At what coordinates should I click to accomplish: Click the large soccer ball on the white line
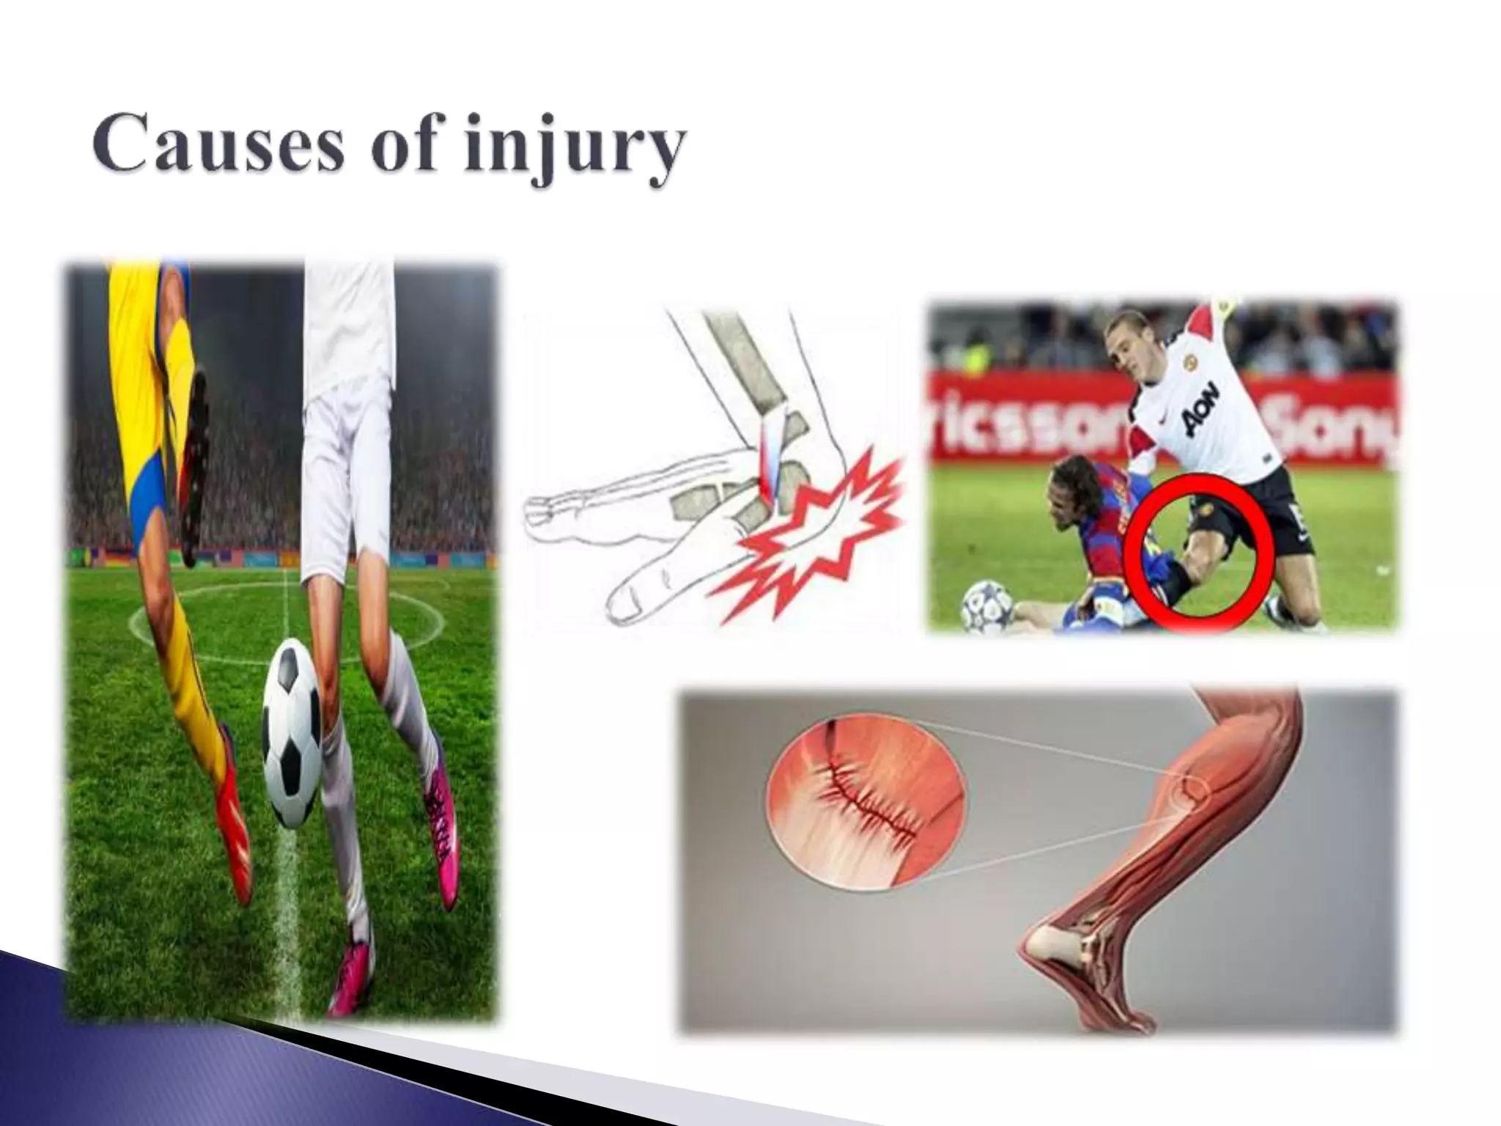pos(292,732)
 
